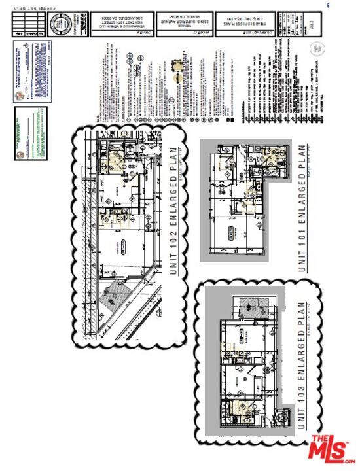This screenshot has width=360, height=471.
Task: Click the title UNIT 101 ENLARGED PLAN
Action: [302, 208]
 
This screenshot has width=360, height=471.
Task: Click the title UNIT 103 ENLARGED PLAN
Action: [302, 366]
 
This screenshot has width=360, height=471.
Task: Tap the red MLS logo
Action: [331, 451]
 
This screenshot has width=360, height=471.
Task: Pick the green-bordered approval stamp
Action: [31, 134]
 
